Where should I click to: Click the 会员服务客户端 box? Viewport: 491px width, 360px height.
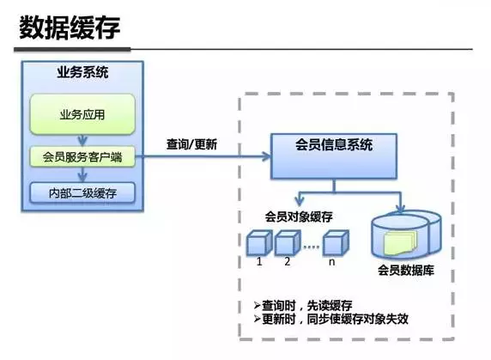(x=82, y=156)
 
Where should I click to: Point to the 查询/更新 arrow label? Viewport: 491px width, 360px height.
(x=191, y=144)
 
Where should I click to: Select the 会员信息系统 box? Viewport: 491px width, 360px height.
(x=334, y=145)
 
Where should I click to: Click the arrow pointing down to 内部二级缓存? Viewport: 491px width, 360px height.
(x=82, y=174)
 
